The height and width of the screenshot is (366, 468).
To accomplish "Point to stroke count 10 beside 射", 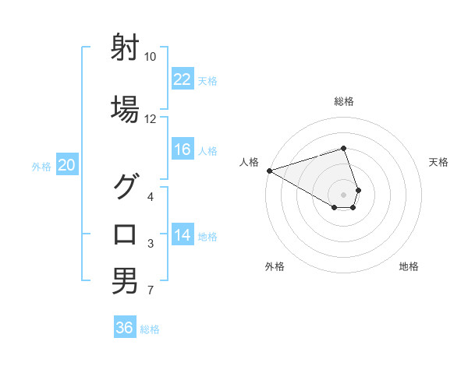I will coord(151,57).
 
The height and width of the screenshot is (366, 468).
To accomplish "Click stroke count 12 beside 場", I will coord(151,119).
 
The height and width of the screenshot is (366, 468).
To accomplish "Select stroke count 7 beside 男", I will coord(151,291).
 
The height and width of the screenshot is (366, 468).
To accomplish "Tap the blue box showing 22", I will coord(182,79).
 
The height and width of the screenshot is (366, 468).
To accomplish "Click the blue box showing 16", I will coord(182,150).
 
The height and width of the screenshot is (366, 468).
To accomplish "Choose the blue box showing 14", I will coord(182,235).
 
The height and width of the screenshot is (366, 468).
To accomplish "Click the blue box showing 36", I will coord(125,328).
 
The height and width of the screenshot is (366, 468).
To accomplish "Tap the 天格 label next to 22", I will coord(207,80).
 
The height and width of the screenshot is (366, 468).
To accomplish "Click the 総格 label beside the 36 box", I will coord(150,329).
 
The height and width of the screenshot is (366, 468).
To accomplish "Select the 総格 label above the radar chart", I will coord(344,101).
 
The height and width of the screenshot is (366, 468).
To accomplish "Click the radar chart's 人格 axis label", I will coord(249,161).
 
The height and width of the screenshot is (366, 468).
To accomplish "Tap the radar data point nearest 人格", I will coord(269,170).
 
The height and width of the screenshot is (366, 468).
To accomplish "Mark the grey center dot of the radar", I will coord(344,194).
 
